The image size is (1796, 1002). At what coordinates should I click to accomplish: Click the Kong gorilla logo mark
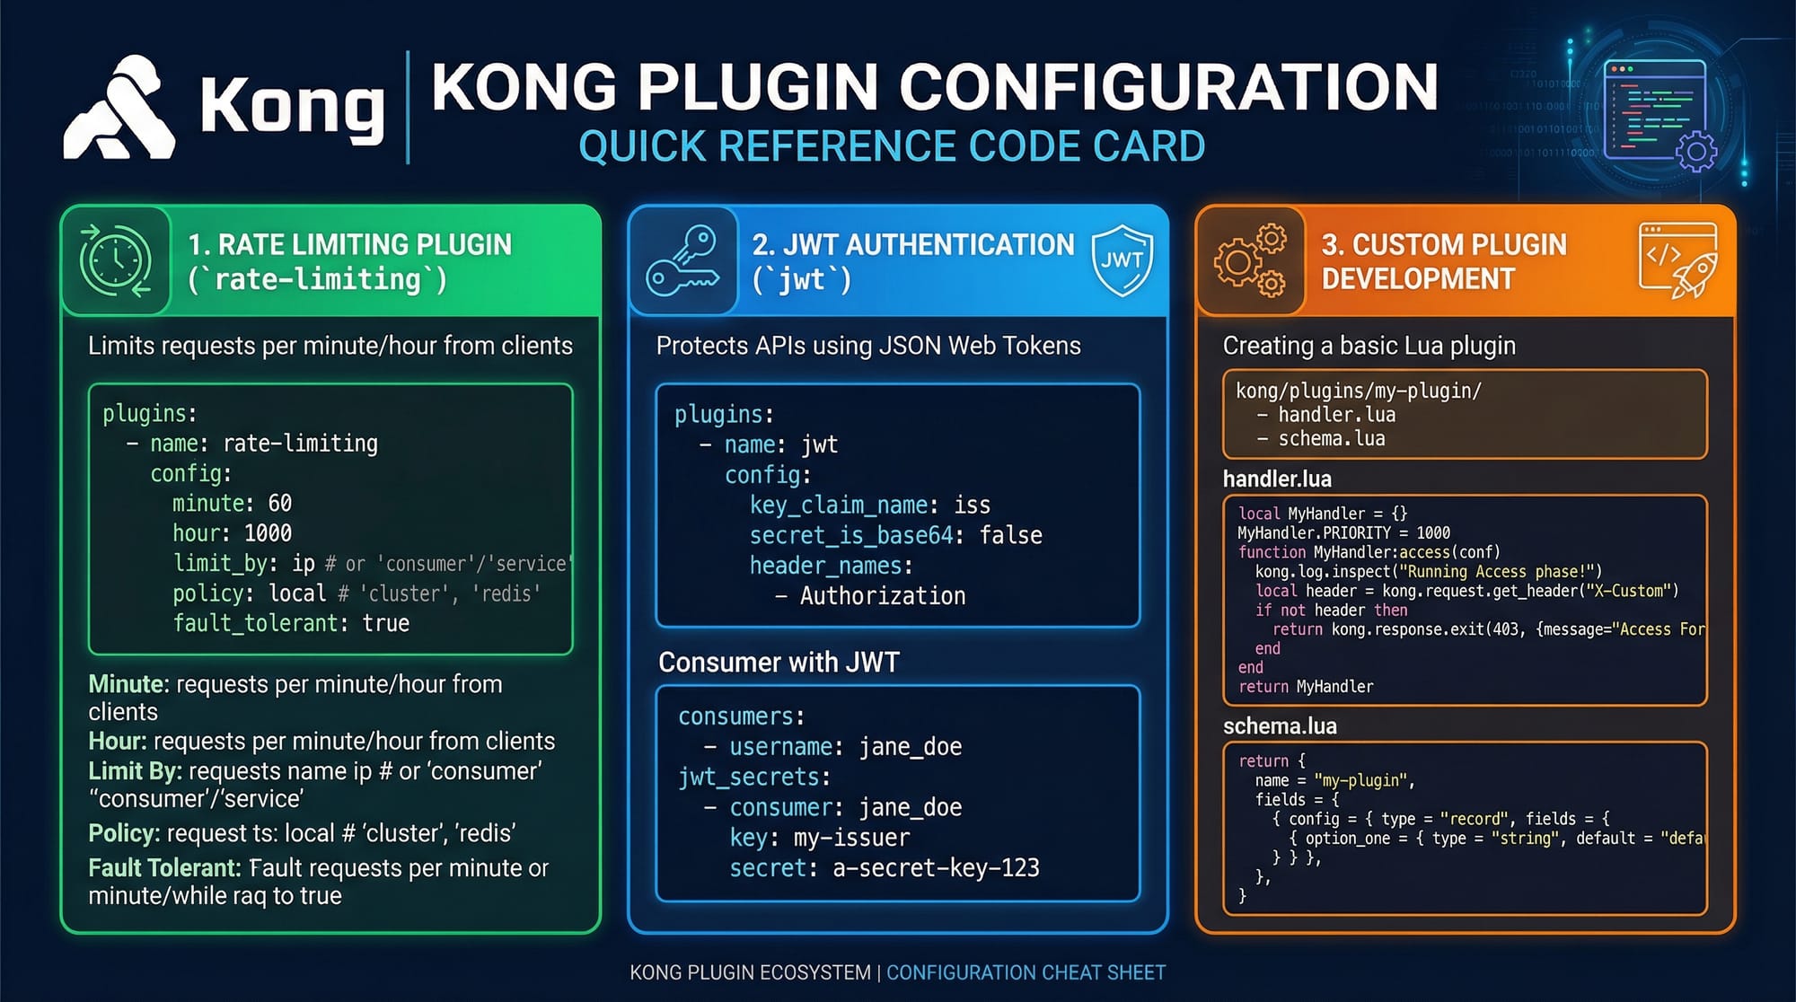click(119, 110)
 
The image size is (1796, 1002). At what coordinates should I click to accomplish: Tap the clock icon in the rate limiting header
click(116, 260)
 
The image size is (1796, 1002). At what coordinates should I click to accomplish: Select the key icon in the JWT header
click(683, 261)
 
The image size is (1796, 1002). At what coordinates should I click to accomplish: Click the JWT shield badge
click(1122, 261)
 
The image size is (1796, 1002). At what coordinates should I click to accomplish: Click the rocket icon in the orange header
click(1694, 275)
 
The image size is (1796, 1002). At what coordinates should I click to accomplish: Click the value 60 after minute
click(279, 503)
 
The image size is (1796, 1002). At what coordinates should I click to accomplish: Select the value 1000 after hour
click(268, 533)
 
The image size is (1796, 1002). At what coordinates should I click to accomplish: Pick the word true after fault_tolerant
click(386, 623)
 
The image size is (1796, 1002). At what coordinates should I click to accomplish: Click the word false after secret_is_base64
click(1010, 535)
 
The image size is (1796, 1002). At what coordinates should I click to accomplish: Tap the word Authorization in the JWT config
click(883, 595)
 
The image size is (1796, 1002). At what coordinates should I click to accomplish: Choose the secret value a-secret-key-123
click(936, 867)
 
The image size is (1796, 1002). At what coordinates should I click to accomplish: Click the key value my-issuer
click(851, 838)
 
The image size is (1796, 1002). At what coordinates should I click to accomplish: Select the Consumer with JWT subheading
click(779, 663)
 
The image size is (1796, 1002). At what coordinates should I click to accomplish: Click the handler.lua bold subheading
click(1277, 479)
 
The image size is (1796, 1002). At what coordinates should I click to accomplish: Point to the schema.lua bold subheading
click(1280, 725)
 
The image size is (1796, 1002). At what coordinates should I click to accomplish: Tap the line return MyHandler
click(1306, 686)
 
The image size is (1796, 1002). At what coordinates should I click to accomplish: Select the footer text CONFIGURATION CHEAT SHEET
click(1026, 972)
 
